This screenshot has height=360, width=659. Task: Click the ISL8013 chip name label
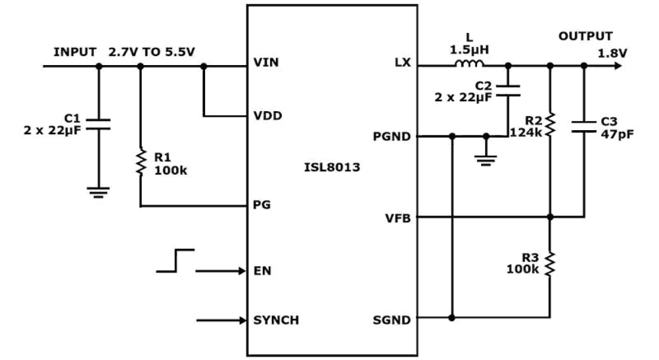(332, 168)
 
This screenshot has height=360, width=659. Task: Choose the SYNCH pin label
(276, 320)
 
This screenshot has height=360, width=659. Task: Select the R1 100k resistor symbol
(140, 162)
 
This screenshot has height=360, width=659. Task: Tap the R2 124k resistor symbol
(550, 124)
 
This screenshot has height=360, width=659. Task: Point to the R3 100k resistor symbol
(550, 264)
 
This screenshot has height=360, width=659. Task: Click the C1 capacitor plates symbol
(98, 124)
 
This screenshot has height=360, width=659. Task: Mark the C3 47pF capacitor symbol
(584, 126)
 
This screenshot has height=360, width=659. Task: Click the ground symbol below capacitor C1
(98, 193)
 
